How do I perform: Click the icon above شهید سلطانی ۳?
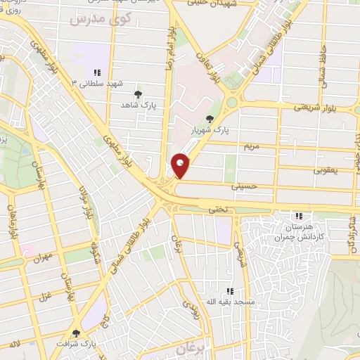[96, 72]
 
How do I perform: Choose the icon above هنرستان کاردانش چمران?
[299, 217]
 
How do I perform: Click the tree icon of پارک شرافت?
[76, 333]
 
